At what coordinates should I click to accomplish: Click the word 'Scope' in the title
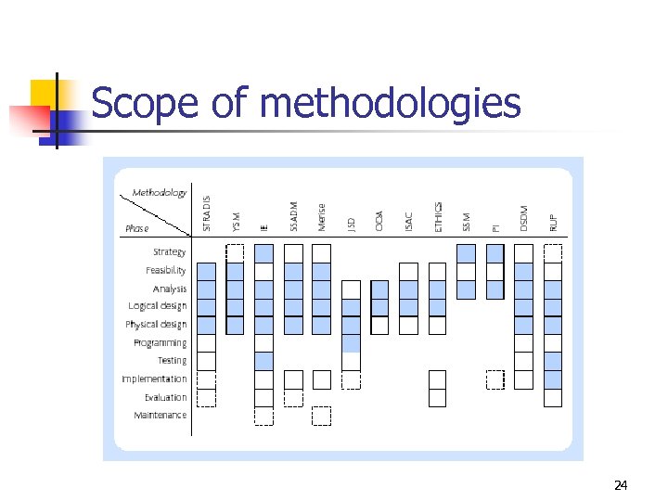click(146, 103)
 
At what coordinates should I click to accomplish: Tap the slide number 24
click(621, 485)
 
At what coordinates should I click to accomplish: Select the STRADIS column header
click(207, 213)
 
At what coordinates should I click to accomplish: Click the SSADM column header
click(293, 216)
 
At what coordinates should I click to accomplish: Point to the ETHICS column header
click(438, 216)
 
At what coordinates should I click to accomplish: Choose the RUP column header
click(553, 223)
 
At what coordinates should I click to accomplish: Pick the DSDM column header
click(524, 219)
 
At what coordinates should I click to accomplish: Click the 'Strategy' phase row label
click(169, 251)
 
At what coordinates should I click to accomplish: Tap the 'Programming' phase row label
click(160, 342)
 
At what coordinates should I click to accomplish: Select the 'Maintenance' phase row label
click(160, 415)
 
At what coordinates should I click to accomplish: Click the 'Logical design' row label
click(157, 306)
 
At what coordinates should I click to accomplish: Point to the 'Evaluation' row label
click(164, 397)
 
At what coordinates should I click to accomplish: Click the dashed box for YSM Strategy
click(236, 252)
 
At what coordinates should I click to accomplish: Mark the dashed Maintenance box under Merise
click(322, 416)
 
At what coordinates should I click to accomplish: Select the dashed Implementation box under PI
click(495, 379)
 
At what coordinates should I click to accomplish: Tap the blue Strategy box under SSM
click(466, 252)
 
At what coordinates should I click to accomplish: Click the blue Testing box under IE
click(264, 361)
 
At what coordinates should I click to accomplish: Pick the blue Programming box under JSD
click(351, 343)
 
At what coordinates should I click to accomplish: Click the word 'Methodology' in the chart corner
click(160, 193)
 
